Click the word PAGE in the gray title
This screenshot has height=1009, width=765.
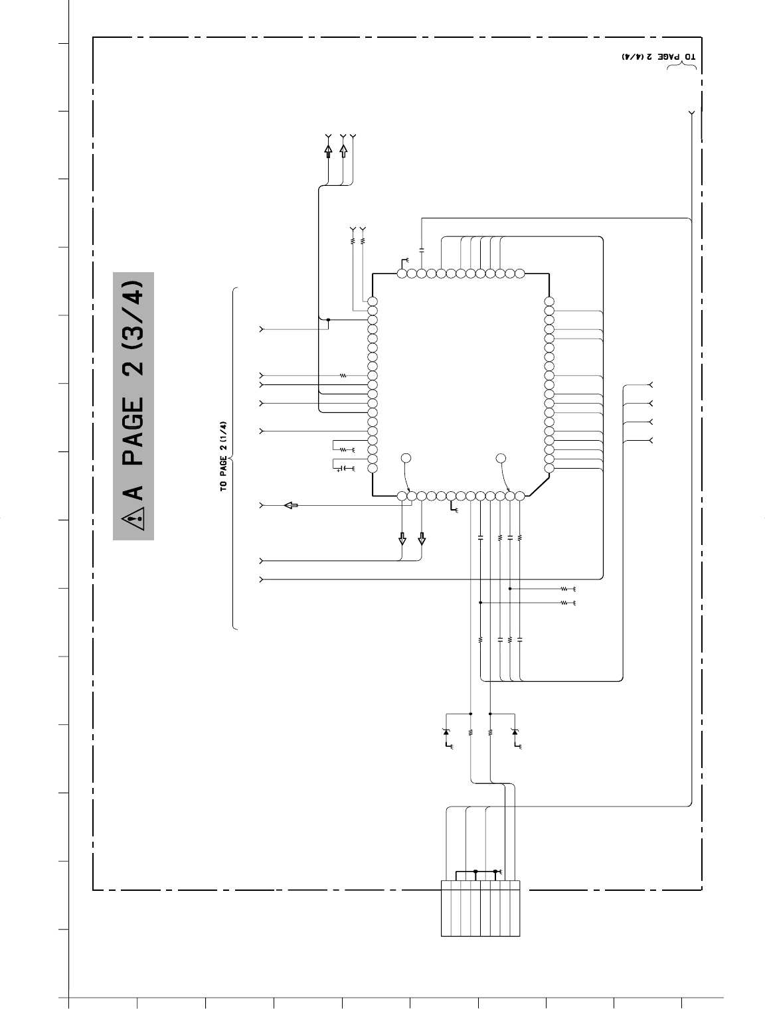(x=133, y=431)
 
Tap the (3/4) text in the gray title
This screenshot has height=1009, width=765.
(x=133, y=315)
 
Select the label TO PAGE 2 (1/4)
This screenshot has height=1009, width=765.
(x=223, y=457)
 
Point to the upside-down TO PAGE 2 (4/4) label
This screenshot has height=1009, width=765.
(x=659, y=56)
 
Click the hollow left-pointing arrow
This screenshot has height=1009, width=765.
(x=291, y=505)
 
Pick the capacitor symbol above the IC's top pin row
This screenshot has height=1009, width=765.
(x=422, y=250)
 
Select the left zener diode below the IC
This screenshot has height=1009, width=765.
(x=446, y=732)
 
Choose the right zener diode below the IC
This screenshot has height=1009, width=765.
(x=515, y=732)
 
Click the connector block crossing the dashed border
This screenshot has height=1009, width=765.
(x=480, y=908)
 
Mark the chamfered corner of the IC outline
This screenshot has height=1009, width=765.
(x=539, y=486)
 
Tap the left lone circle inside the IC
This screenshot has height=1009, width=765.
(x=406, y=458)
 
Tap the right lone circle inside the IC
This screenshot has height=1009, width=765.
(x=501, y=458)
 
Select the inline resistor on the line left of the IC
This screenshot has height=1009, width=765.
(x=343, y=376)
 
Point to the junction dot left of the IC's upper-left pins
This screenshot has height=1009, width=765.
(x=328, y=319)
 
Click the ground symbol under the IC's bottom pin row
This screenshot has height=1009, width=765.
(x=454, y=508)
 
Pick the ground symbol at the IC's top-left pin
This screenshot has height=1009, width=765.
(x=404, y=262)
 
